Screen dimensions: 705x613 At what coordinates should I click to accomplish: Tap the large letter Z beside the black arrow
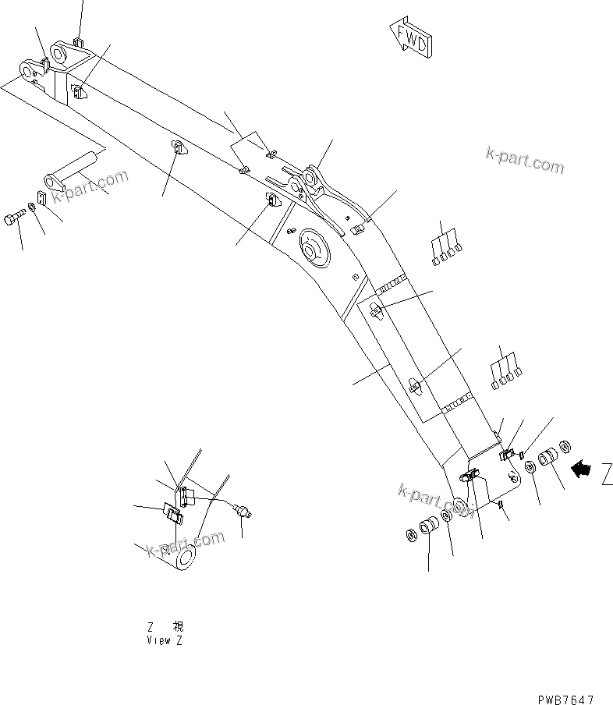point(606,473)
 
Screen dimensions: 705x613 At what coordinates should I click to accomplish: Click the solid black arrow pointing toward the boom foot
point(580,469)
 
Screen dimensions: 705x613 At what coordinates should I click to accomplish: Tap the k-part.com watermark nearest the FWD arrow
point(524,159)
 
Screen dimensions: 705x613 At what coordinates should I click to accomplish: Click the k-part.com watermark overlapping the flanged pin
point(90,186)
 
